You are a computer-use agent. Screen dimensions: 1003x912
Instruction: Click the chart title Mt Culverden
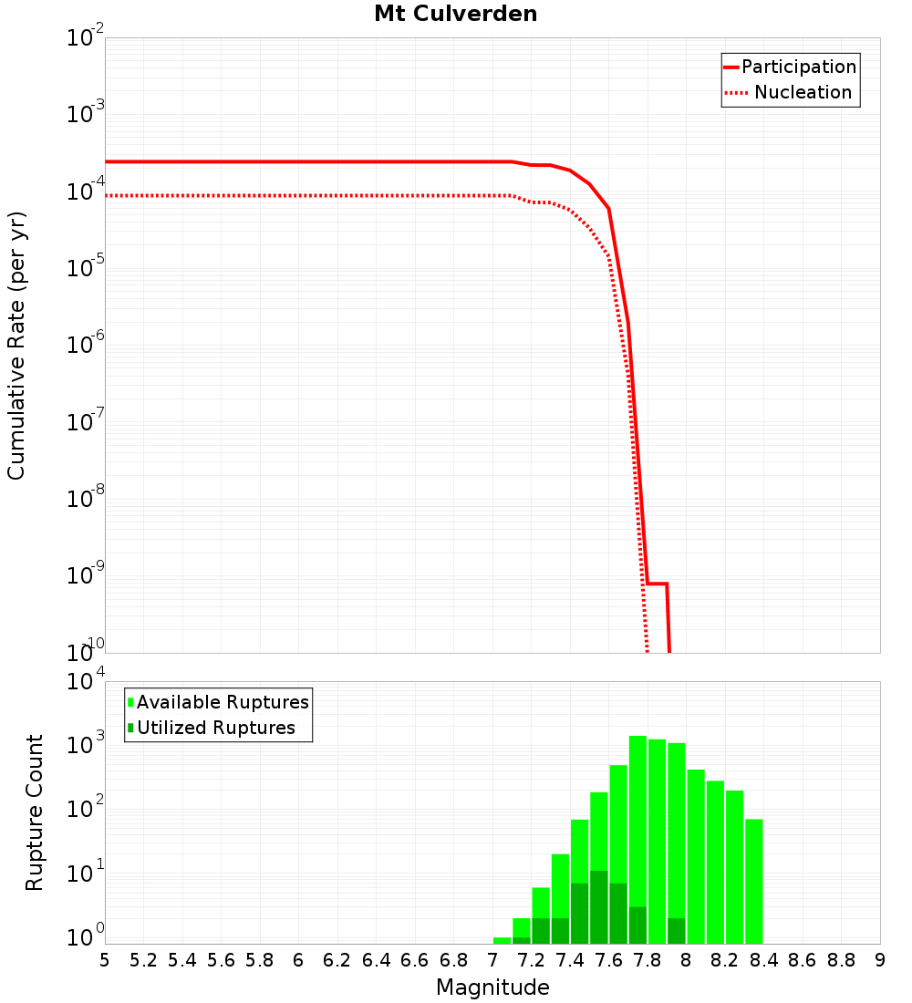[455, 15]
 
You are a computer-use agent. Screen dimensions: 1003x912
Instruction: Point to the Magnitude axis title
[492, 987]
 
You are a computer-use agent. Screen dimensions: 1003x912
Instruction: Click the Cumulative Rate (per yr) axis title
[16, 345]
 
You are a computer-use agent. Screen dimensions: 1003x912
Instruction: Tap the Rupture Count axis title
[35, 812]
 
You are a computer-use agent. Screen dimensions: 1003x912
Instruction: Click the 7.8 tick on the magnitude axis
[648, 959]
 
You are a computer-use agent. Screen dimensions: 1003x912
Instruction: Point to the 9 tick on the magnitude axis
[880, 959]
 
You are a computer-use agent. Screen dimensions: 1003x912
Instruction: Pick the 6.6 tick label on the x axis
[415, 959]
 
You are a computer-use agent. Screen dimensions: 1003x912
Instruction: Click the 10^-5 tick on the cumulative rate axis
[86, 268]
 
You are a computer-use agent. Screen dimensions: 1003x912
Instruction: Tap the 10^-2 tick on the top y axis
[86, 38]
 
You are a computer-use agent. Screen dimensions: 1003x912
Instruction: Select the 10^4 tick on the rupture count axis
[86, 682]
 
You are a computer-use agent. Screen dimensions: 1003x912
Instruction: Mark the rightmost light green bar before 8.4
[754, 881]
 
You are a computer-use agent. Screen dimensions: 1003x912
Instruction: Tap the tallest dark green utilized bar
[598, 907]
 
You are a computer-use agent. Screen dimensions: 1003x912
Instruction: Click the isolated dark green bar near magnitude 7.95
[677, 931]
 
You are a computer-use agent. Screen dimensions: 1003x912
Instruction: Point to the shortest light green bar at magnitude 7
[502, 940]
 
